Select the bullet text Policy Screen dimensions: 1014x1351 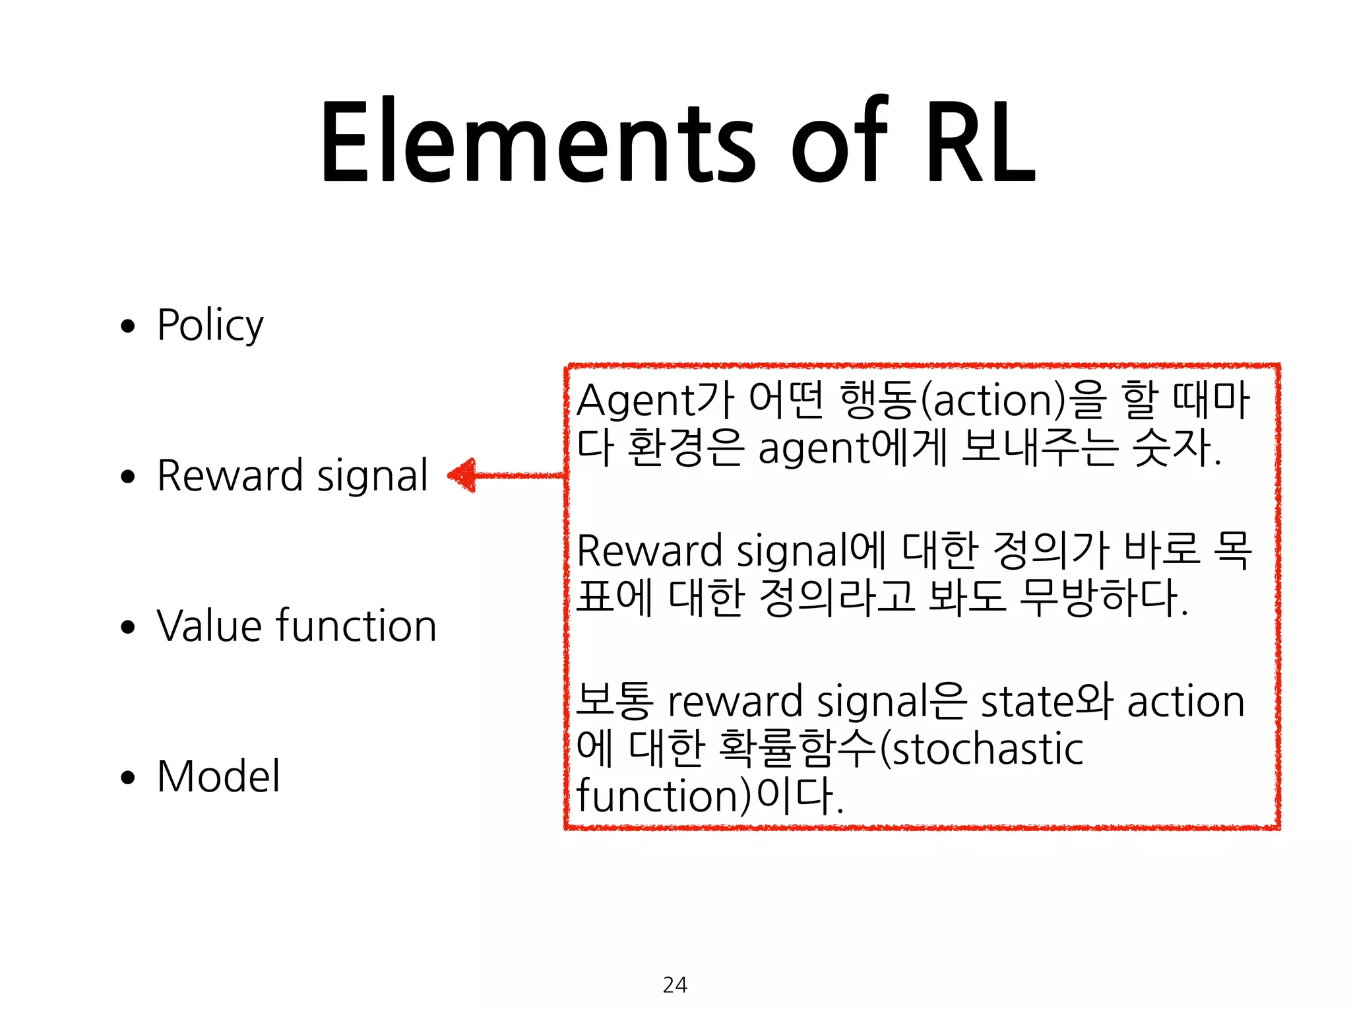coord(210,325)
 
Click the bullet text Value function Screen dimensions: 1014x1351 coord(297,626)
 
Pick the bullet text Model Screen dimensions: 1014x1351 coord(218,776)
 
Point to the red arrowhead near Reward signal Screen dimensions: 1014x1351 coord(463,475)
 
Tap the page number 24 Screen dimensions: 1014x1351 coord(675,985)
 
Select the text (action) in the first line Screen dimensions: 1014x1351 coord(993,401)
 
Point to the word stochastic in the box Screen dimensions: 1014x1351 coord(986,749)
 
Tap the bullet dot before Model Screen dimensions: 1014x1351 coord(128,778)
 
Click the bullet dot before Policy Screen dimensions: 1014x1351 coord(128,326)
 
